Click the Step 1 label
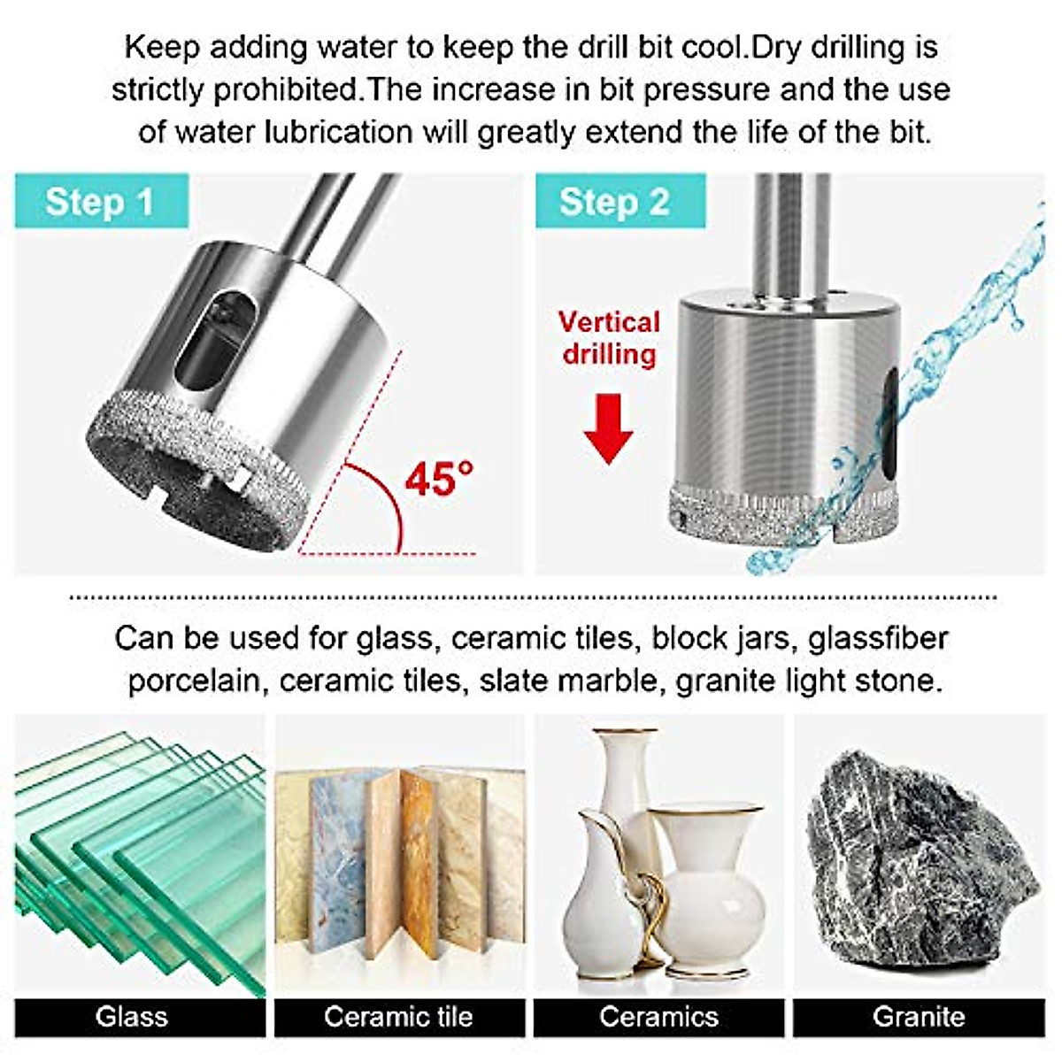pos(100,202)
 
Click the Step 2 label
pos(614,202)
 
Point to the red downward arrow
pos(608,428)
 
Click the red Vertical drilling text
pos(609,337)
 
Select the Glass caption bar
pos(132,1016)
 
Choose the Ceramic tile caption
pos(398,1016)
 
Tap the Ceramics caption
pos(658,1016)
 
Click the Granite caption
pos(919,1016)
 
